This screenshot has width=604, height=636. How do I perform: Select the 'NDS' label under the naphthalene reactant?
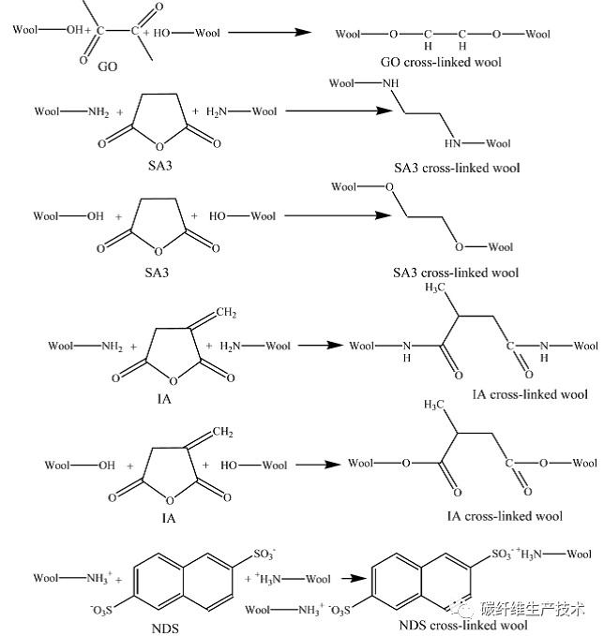click(165, 627)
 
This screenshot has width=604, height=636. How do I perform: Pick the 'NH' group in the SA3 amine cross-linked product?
click(391, 84)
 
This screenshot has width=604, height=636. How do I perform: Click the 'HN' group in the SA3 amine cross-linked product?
click(453, 143)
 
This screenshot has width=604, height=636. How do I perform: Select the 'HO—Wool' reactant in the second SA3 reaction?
click(243, 216)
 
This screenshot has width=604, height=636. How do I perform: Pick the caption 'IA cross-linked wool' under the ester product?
click(505, 516)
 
